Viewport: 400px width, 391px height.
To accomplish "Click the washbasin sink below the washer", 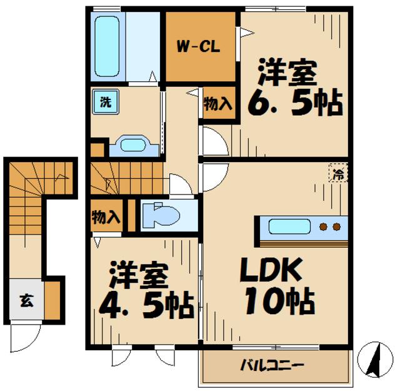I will (x=132, y=146).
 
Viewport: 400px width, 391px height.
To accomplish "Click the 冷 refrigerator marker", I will (x=337, y=175).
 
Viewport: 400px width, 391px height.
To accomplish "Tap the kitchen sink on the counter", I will (x=288, y=226).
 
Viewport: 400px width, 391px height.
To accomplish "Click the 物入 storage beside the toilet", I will (x=106, y=217).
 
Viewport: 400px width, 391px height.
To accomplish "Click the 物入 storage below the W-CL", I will (x=218, y=104).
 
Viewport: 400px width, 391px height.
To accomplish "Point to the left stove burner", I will (x=324, y=226).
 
